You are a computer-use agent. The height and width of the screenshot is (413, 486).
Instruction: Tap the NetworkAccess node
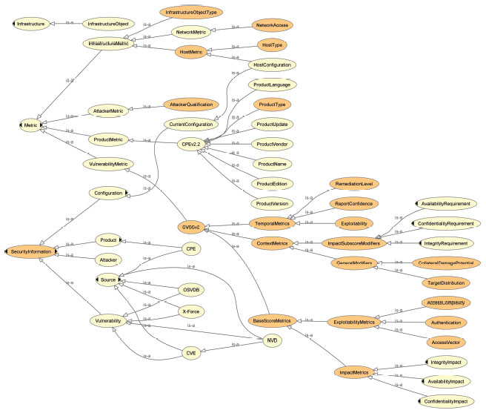[x=271, y=24]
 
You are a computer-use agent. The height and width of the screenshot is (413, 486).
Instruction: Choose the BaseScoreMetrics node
[x=273, y=320]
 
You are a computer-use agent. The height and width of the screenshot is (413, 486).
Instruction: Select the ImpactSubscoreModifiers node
[x=353, y=243]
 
